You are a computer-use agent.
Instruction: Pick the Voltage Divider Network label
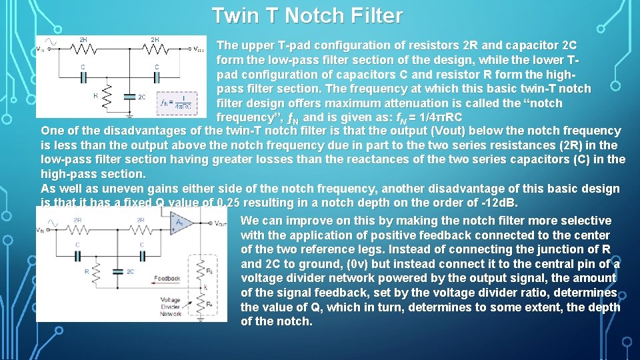170,307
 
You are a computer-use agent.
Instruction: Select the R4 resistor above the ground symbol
199,304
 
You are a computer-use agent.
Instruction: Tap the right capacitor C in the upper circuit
156,75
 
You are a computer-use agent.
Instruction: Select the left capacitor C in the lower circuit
78,253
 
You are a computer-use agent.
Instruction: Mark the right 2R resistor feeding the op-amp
141,229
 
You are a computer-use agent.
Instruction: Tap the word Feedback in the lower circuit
167,277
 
